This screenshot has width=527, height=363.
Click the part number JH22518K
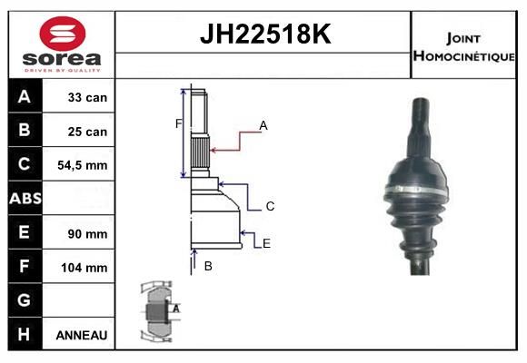(265, 34)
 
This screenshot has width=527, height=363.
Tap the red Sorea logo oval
(63, 34)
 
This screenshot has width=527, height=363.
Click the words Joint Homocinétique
(463, 47)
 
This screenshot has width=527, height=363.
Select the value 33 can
(87, 97)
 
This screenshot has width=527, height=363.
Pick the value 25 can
(87, 132)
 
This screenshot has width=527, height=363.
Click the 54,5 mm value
(83, 165)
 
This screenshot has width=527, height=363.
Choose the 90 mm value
(87, 234)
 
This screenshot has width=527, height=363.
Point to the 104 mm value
(85, 268)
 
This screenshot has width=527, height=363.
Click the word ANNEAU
(82, 335)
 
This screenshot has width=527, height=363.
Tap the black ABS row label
(25, 198)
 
